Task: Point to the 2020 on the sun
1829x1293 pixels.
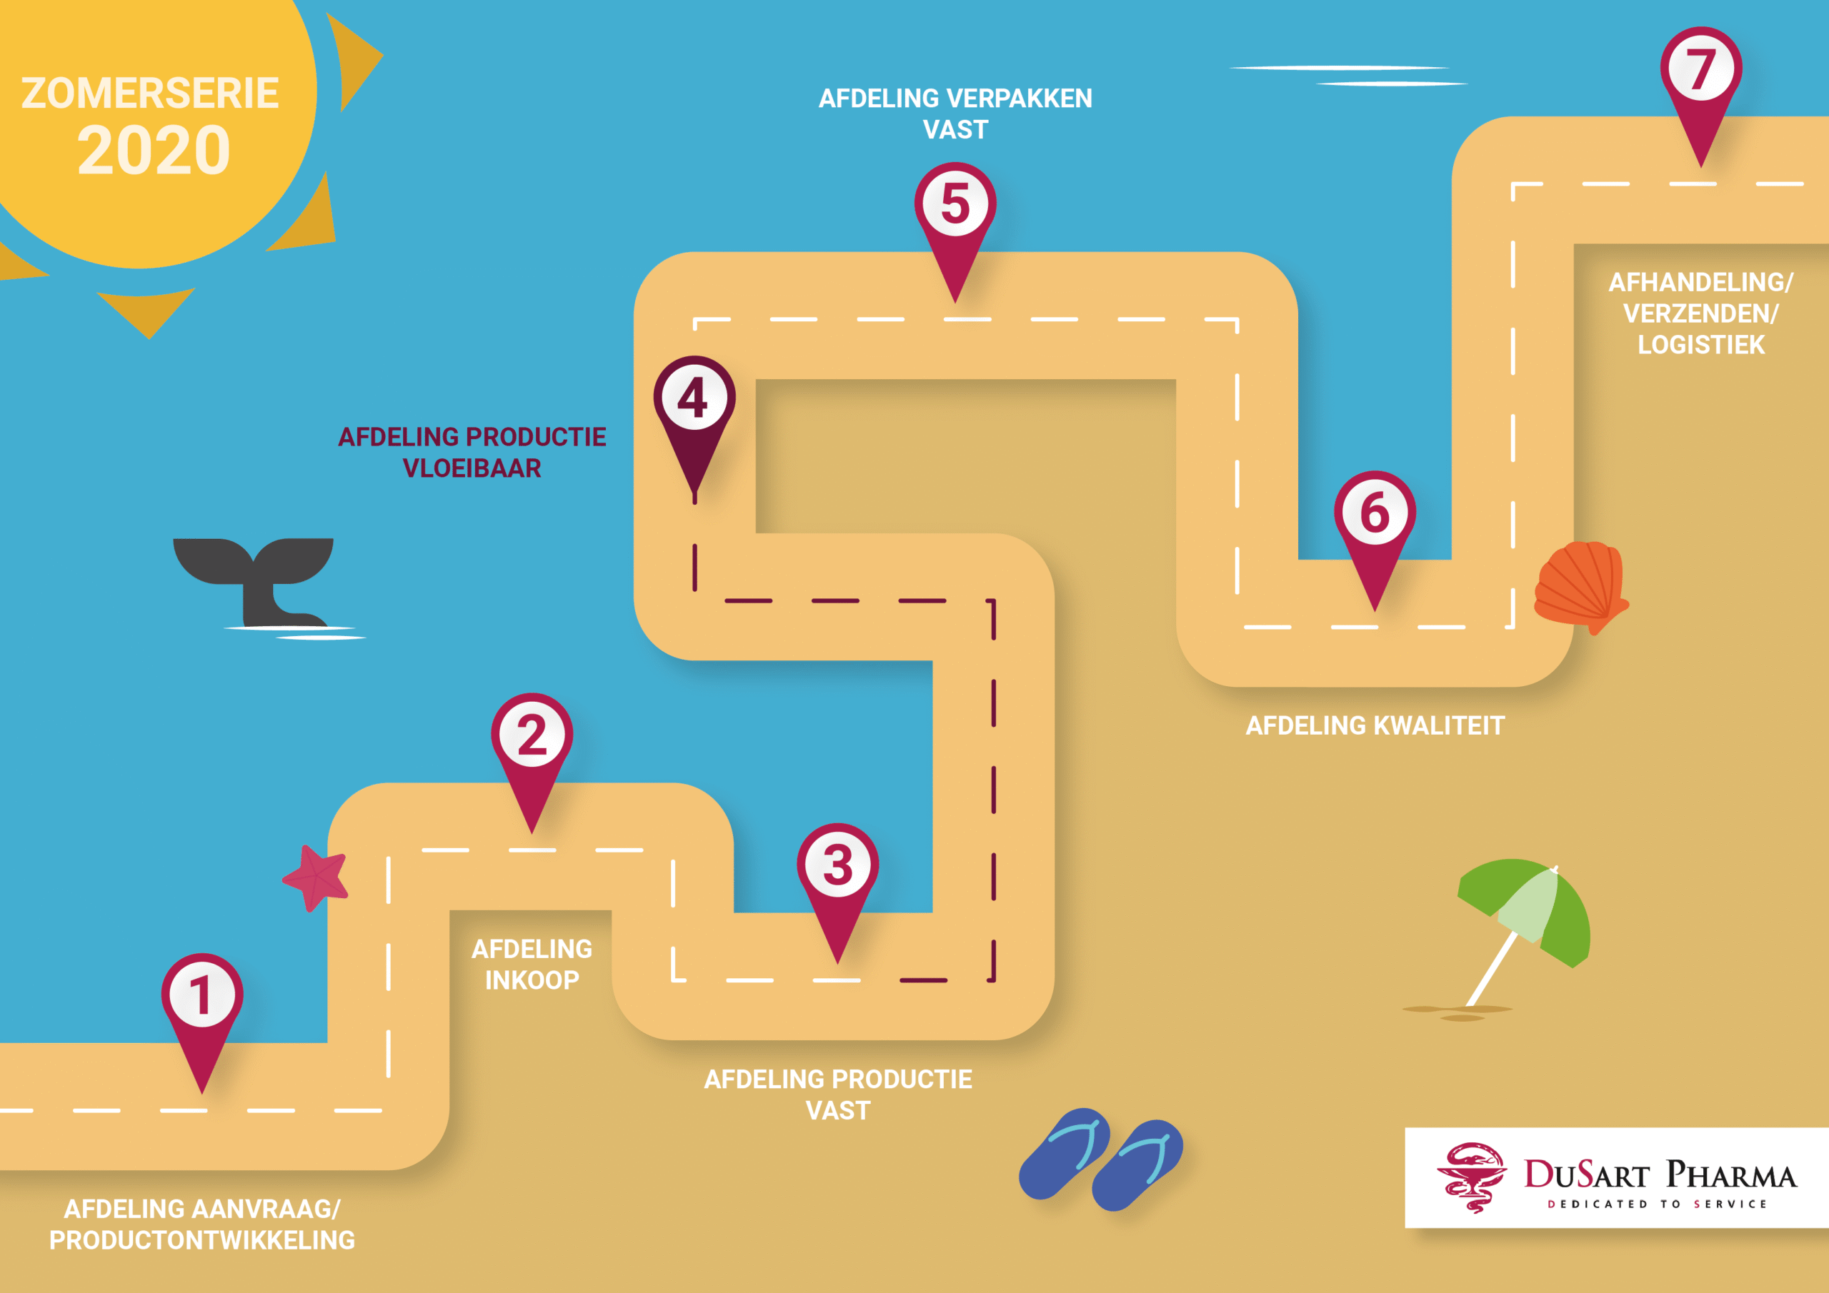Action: (154, 151)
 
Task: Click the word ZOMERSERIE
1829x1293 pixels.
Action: (150, 93)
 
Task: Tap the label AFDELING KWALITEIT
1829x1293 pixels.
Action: (1375, 726)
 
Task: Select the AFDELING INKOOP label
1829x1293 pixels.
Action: (532, 964)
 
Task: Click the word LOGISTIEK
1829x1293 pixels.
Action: (1700, 345)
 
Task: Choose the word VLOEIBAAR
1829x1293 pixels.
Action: (472, 468)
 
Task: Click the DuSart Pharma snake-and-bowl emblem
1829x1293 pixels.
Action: (1470, 1177)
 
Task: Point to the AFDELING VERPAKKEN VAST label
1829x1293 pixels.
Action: (955, 114)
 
